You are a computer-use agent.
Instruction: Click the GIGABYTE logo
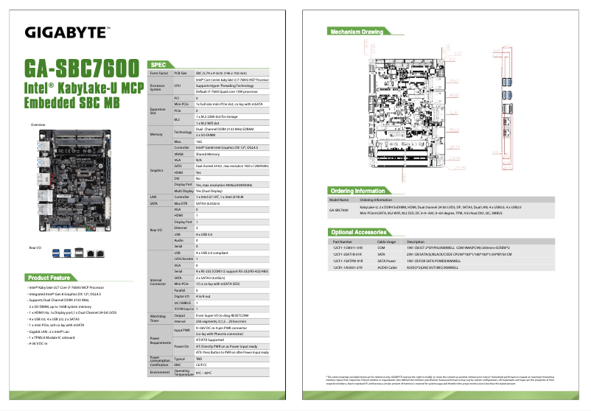point(67,32)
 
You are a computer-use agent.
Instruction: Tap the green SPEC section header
point(163,65)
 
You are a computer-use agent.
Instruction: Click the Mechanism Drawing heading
point(357,32)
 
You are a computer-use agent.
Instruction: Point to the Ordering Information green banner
point(358,190)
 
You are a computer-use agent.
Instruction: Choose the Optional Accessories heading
point(359,232)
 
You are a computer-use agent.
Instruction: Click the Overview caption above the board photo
point(38,124)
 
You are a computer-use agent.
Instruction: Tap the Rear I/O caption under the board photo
point(35,246)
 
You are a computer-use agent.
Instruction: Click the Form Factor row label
point(158,74)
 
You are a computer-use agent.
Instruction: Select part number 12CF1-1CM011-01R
point(348,247)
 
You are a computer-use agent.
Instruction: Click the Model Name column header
point(339,200)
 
